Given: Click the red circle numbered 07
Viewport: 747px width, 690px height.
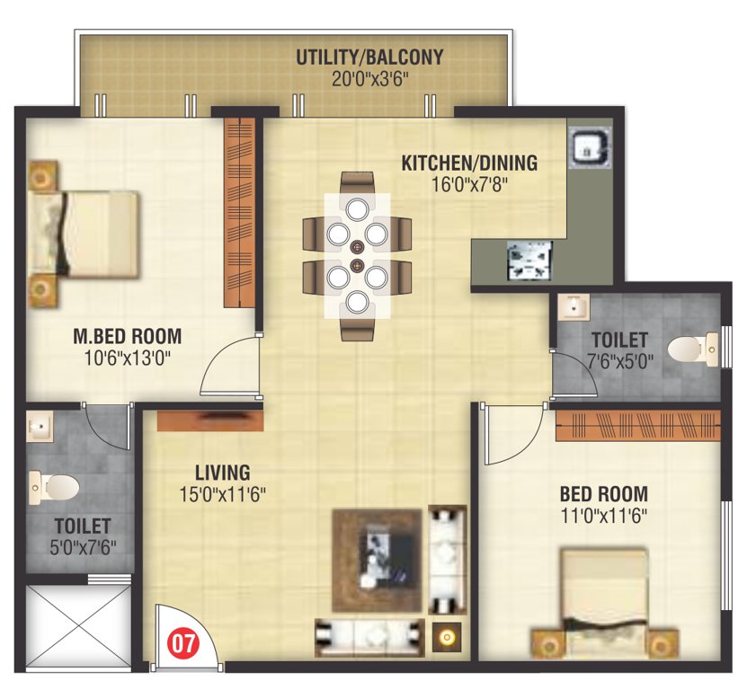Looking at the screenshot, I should pyautogui.click(x=183, y=643).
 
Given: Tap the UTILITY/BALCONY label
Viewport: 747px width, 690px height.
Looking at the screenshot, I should pyautogui.click(x=369, y=57).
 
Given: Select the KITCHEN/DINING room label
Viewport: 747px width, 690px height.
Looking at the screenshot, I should pyautogui.click(x=468, y=163).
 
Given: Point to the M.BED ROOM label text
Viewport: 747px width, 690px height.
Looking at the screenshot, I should pyautogui.click(x=127, y=337).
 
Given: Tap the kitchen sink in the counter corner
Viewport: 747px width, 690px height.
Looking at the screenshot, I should pyautogui.click(x=591, y=146).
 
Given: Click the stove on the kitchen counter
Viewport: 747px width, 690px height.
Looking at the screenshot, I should pyautogui.click(x=529, y=262).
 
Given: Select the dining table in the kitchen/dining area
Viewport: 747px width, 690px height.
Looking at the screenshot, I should pyautogui.click(x=357, y=256).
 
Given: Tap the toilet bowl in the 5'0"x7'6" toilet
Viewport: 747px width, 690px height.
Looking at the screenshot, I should pyautogui.click(x=61, y=487).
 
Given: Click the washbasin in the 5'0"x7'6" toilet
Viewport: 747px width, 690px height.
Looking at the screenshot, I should pyautogui.click(x=40, y=423).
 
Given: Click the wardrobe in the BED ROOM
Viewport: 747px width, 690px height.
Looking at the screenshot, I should pyautogui.click(x=638, y=425).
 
